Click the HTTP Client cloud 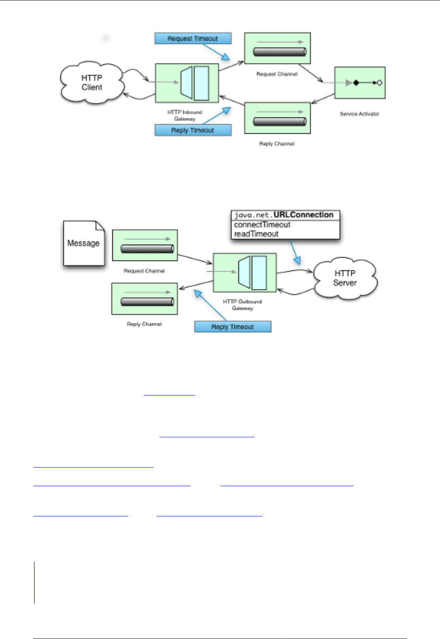92,83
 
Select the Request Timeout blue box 193,39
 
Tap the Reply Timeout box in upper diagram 193,130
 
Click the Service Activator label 359,114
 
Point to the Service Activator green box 360,83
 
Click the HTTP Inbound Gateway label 185,115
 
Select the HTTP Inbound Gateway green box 187,83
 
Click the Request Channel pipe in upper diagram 280,52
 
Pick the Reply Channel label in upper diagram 277,144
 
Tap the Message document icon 84,243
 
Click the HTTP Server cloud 345,278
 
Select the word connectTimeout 262,225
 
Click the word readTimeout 256,234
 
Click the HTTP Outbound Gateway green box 244,272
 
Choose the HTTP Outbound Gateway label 242,305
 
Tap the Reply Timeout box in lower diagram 232,327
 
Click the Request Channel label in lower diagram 144,271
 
